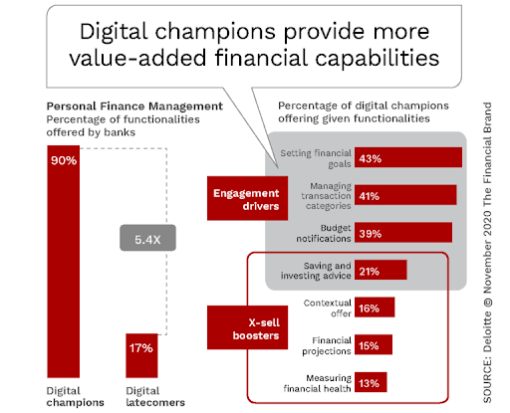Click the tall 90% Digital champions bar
pos(64,262)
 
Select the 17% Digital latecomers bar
pos(141,355)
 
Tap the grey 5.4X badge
pos(147,238)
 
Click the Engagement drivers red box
pos(247,198)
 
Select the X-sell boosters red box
pos(247,327)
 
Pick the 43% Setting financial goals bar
pos(408,157)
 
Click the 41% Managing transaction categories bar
pos(405,195)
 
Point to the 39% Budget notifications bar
pos(403,232)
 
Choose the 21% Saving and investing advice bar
pos(381,270)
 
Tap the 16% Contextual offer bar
pos(375,308)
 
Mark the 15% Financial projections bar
pos(374,344)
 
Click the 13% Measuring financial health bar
pos(371,382)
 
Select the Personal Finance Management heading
pos(134,106)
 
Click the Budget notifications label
pos(324,233)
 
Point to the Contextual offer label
pos(328,309)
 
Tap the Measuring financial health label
pos(317,383)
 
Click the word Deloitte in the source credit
pos(487,331)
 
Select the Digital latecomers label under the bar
pos(155,396)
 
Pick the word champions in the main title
pos(215,32)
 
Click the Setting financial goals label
pos(316,158)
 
